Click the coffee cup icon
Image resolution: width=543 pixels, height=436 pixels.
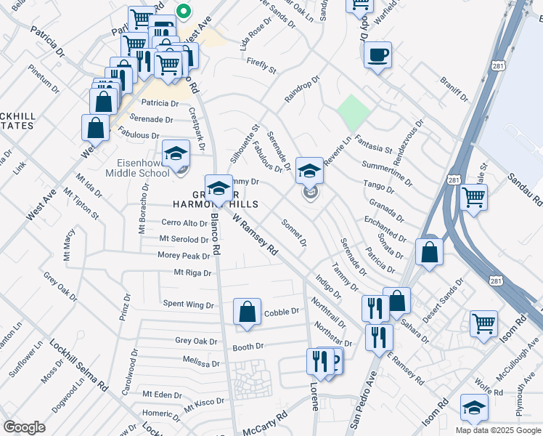(x=377, y=55)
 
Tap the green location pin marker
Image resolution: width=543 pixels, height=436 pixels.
(x=184, y=12)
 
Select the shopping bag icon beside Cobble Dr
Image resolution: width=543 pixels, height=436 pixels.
(x=247, y=312)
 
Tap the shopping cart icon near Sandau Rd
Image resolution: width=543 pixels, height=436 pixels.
(x=473, y=196)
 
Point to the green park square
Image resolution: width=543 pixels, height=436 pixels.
(x=354, y=113)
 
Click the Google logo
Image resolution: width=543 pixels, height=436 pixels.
(x=24, y=427)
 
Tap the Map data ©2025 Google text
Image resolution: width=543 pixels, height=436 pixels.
(x=498, y=430)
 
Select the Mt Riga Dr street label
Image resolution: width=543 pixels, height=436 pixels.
(x=192, y=273)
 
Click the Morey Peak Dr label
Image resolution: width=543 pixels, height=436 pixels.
(x=184, y=256)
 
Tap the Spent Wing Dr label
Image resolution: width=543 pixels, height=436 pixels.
(x=189, y=304)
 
